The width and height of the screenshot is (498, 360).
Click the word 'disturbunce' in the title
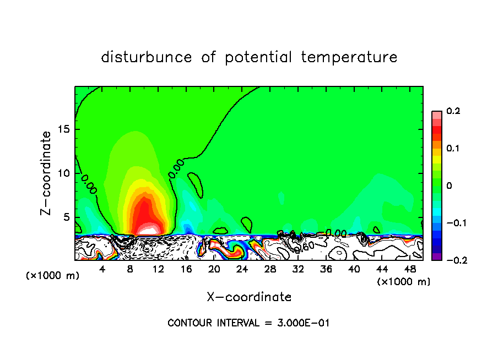point(147,57)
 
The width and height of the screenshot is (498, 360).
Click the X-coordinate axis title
point(249,297)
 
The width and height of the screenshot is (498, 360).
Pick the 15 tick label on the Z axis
point(64,129)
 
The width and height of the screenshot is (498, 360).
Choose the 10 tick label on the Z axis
point(64,173)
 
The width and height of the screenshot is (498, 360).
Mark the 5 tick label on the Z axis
point(67,217)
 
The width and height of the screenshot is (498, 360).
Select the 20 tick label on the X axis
point(214,269)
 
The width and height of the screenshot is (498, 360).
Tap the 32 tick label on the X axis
point(298,269)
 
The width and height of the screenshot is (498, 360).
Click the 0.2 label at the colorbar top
point(453,111)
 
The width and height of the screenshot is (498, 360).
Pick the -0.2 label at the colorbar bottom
point(453,260)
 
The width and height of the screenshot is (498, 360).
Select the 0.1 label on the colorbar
point(453,149)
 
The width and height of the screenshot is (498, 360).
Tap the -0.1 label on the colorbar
point(453,223)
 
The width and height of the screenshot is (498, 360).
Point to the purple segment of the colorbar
point(436,257)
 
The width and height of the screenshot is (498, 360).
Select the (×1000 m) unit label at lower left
point(53,276)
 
